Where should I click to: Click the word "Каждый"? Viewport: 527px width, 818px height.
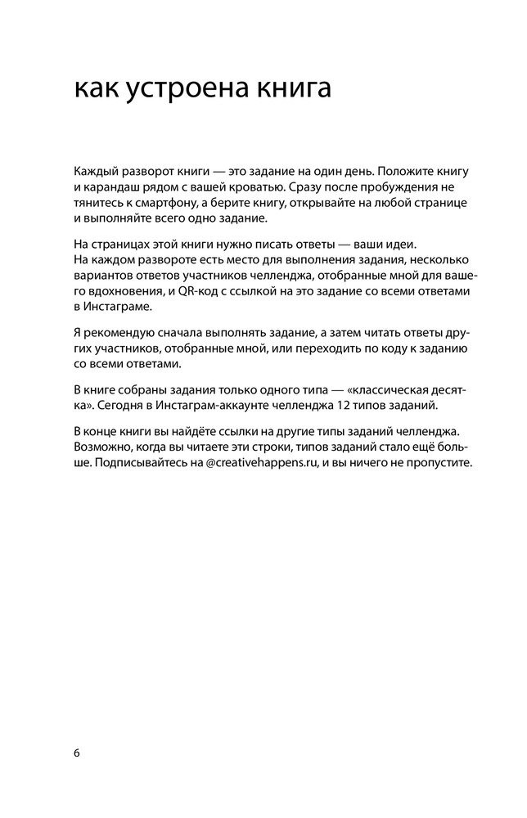pos(95,171)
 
